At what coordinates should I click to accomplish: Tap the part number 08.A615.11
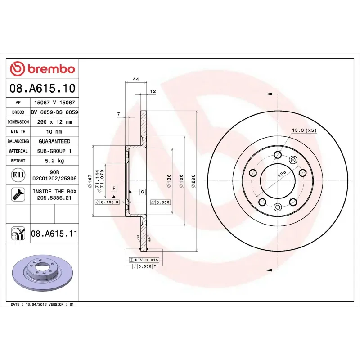(54, 234)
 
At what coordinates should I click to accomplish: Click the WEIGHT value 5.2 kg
(54, 161)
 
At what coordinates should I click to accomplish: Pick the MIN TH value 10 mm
(54, 132)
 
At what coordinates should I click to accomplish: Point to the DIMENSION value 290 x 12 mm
(54, 122)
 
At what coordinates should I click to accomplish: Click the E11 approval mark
(18, 175)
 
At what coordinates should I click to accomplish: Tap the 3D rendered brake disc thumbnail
(42, 273)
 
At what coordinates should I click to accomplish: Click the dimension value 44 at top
(135, 79)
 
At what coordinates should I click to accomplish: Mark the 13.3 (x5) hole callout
(305, 130)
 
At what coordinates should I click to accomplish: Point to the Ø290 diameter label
(193, 181)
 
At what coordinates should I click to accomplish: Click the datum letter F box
(114, 188)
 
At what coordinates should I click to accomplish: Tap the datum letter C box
(142, 192)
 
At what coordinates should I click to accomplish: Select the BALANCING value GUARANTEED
(54, 141)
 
